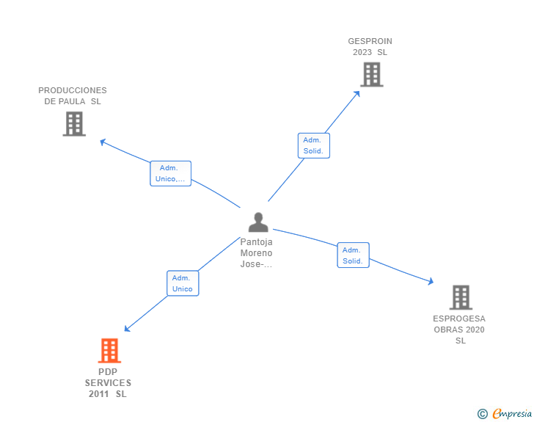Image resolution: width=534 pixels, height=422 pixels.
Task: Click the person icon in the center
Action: (x=258, y=222)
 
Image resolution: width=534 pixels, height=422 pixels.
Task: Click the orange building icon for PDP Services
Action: (x=109, y=351)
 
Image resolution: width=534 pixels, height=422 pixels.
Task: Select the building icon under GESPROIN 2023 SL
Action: (x=372, y=74)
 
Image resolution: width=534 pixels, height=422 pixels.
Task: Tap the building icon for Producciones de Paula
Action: (x=74, y=123)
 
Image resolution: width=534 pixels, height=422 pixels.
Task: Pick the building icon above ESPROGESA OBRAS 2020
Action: (x=461, y=297)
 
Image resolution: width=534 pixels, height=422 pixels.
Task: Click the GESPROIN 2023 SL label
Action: (x=370, y=47)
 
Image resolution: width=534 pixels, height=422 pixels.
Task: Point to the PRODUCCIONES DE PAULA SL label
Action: (x=73, y=96)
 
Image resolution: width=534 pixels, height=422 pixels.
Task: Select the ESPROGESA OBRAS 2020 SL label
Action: (x=459, y=330)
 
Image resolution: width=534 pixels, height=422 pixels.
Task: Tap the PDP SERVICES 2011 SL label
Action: (x=108, y=383)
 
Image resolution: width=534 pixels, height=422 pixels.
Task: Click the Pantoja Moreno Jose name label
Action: (x=257, y=253)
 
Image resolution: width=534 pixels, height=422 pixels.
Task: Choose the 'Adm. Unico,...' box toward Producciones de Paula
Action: (x=171, y=174)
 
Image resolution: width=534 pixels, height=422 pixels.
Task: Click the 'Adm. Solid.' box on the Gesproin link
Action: (x=314, y=146)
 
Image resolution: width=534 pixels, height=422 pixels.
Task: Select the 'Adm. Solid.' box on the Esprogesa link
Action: (x=353, y=255)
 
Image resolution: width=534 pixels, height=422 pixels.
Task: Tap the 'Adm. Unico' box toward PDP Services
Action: (x=182, y=283)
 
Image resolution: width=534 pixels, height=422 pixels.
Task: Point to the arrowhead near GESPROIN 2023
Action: (x=357, y=93)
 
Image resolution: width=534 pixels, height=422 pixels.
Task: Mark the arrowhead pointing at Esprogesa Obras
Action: (x=431, y=281)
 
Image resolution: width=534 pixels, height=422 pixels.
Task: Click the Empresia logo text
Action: (x=513, y=413)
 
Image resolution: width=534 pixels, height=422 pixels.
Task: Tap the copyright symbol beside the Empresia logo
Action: (x=483, y=414)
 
